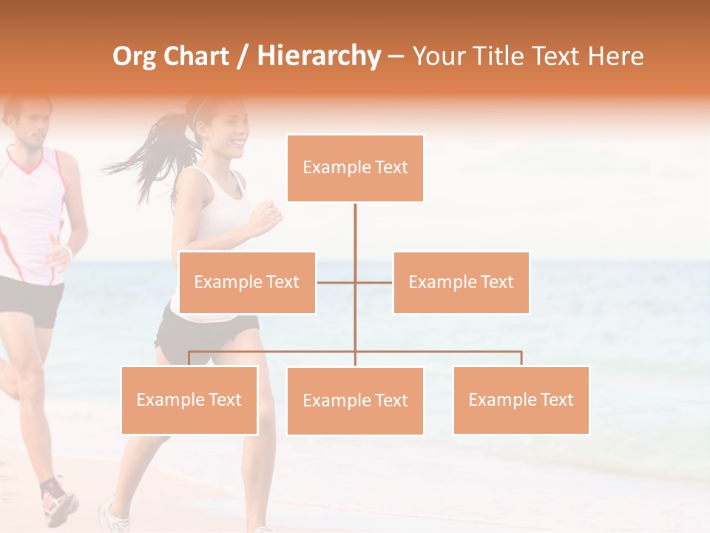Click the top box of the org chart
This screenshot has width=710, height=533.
355,168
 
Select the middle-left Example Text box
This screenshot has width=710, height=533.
247,282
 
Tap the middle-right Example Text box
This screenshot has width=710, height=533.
461,282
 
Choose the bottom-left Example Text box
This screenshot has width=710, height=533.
189,400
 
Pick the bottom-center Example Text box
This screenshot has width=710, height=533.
355,400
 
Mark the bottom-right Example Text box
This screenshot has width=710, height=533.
521,400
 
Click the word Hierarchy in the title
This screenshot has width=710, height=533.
319,56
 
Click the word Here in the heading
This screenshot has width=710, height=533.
615,56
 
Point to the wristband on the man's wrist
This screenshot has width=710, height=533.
69,253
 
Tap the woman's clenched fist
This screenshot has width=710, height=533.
266,215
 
